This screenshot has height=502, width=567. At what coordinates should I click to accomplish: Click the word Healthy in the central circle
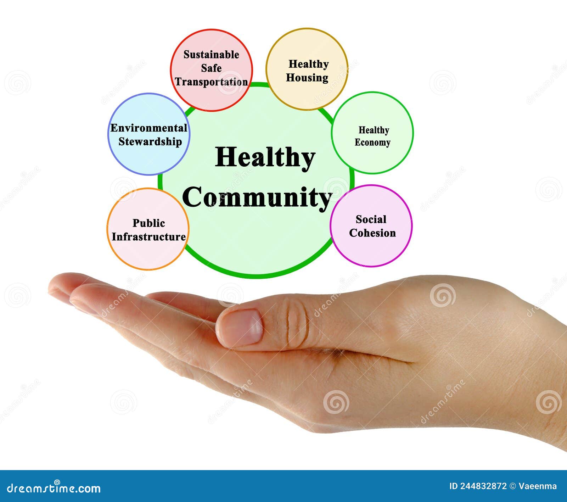[265, 157]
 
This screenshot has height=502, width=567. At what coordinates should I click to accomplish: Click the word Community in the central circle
[257, 197]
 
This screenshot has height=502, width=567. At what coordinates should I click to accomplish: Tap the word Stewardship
[150, 141]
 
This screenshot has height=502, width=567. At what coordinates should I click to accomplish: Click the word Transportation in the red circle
[211, 82]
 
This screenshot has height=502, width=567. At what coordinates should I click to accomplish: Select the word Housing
[307, 78]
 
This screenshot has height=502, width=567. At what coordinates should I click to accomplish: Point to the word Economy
[372, 143]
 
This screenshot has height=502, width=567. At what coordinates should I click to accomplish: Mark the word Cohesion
[372, 233]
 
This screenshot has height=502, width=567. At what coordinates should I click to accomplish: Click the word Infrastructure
[149, 237]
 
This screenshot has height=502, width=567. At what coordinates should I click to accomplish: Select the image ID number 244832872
[484, 486]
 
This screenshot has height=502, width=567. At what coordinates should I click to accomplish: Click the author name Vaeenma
[538, 486]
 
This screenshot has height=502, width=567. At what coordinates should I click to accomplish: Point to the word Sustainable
[211, 55]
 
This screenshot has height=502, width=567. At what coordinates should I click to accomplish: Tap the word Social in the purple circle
[371, 219]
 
